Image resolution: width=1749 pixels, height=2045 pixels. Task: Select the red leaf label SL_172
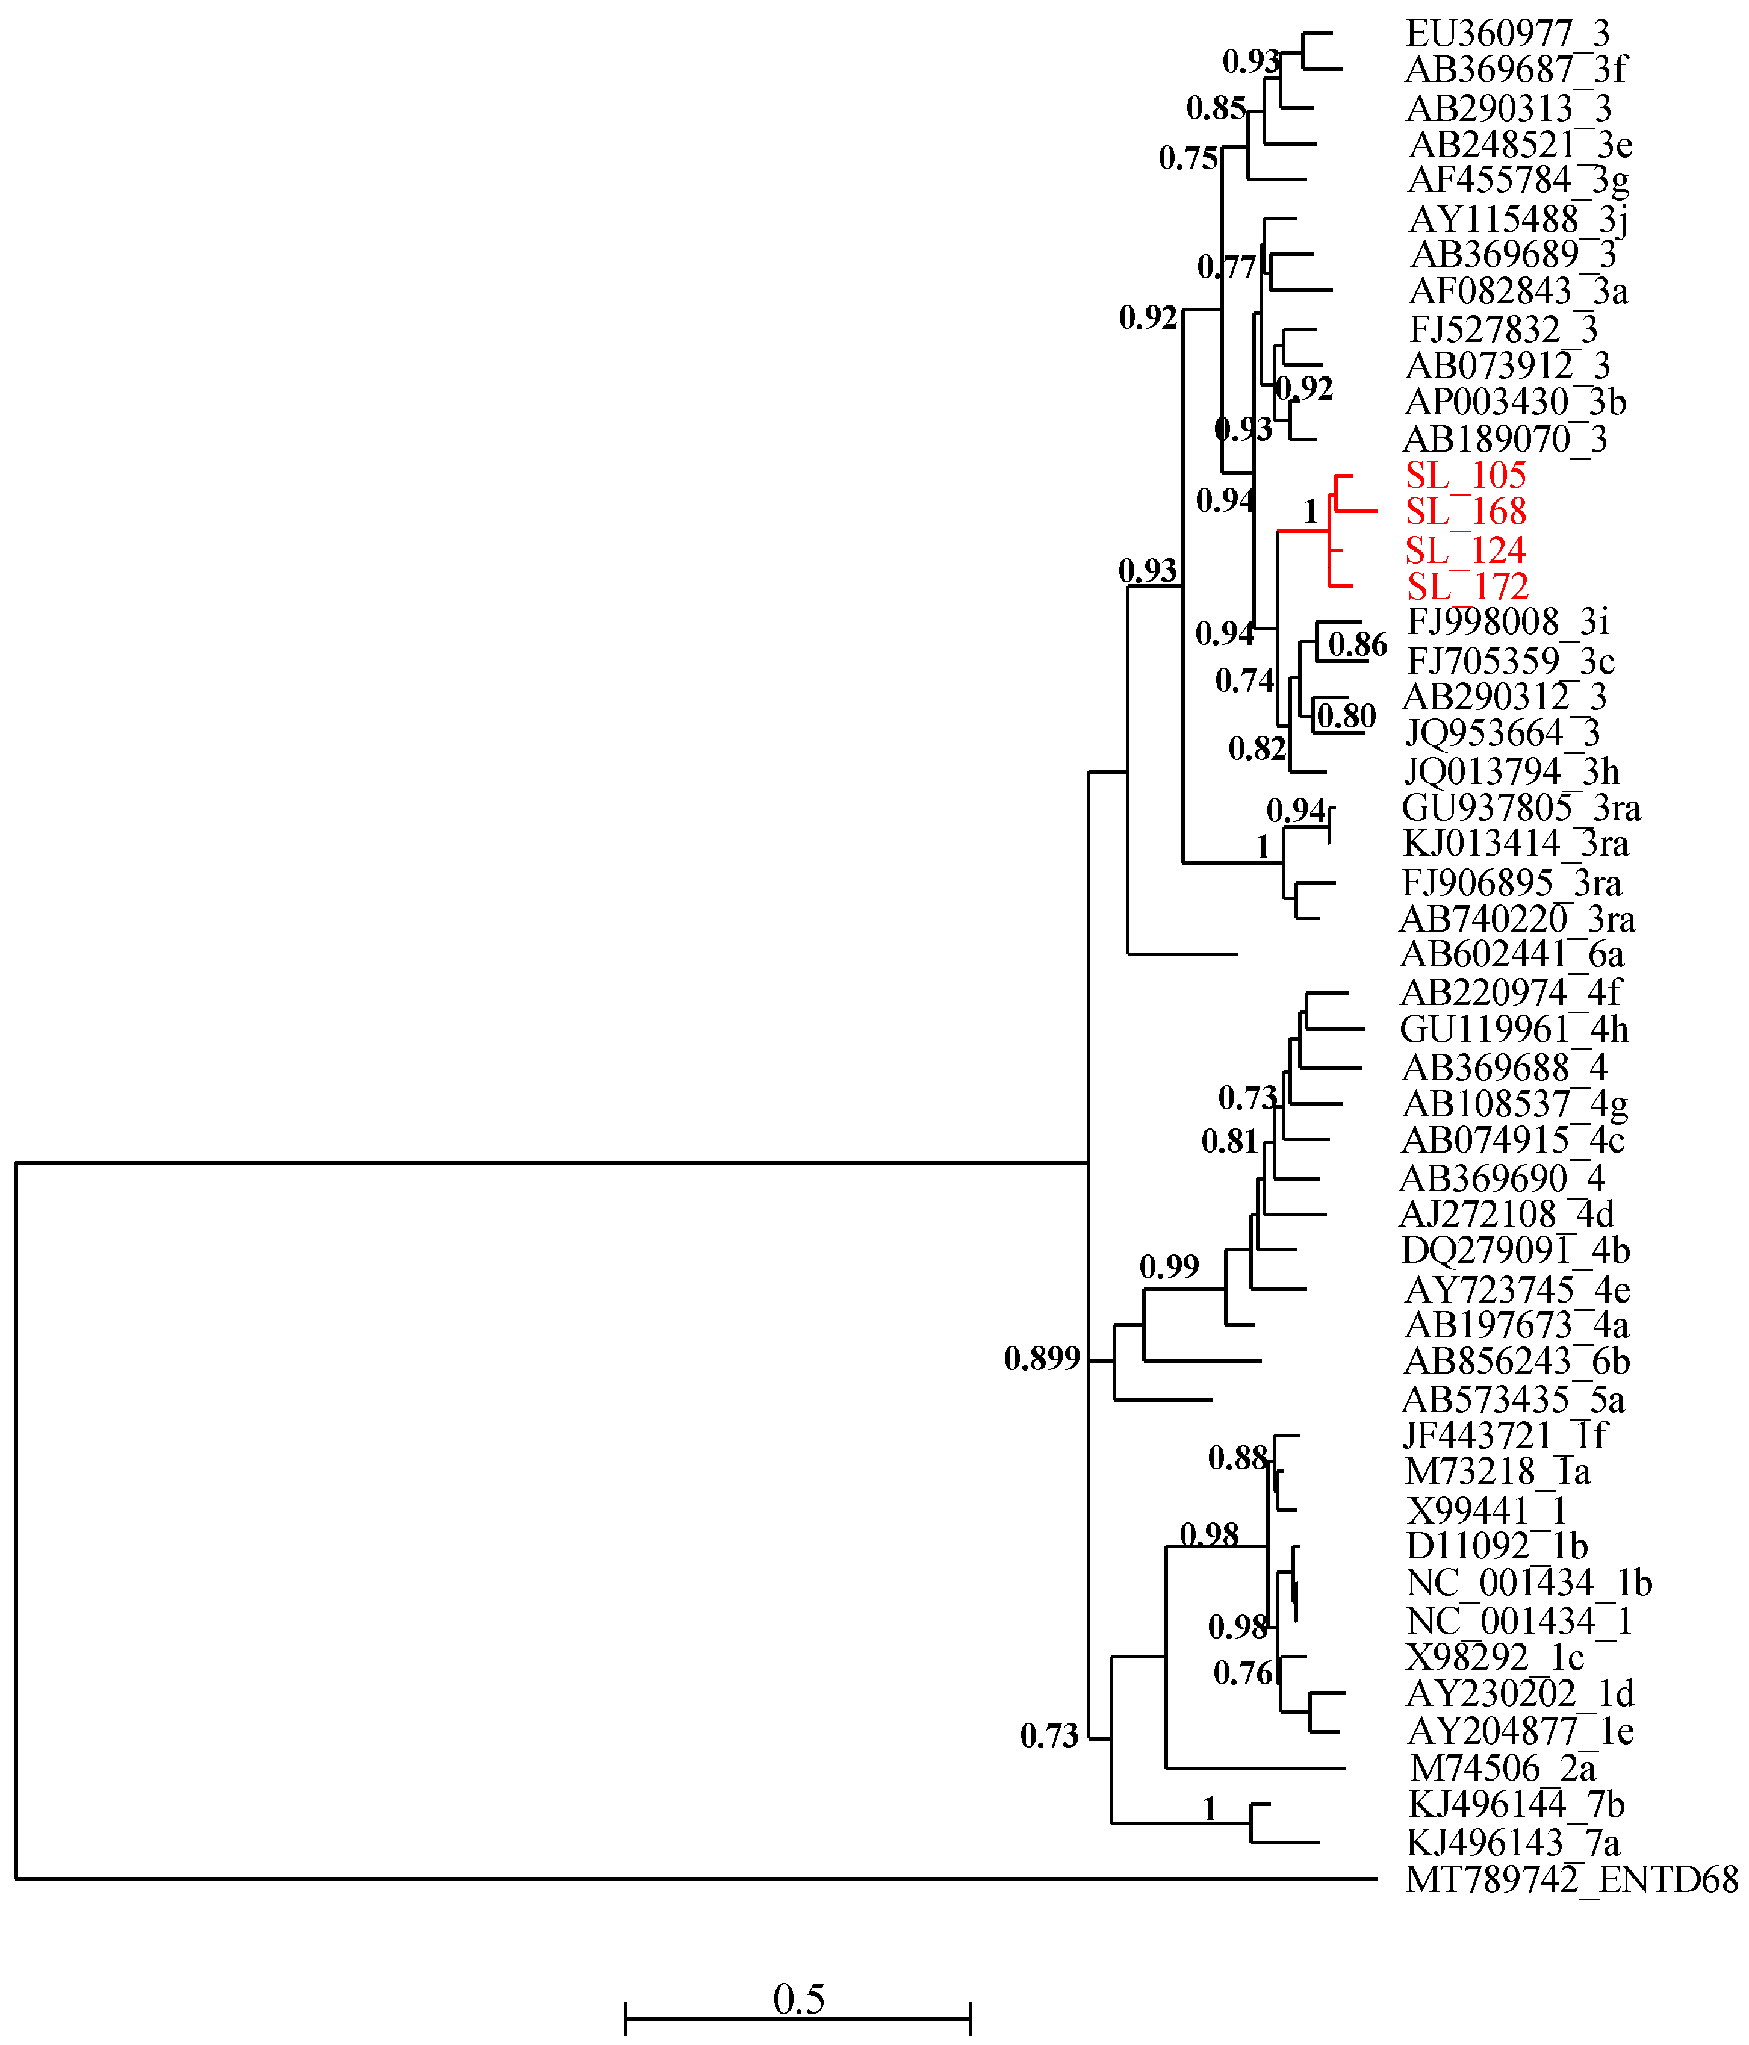[x=1468, y=587]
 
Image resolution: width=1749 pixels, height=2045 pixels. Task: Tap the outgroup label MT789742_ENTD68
[x=1571, y=1880]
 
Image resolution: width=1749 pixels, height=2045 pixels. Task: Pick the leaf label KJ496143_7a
[x=1513, y=1843]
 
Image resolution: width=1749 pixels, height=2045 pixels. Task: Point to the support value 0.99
[x=1169, y=1266]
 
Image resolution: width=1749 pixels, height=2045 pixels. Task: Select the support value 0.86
[x=1357, y=644]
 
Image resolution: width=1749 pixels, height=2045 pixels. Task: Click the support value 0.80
[x=1346, y=715]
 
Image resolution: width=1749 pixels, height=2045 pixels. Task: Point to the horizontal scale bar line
[x=798, y=2019]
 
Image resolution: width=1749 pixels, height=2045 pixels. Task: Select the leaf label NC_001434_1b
[x=1529, y=1583]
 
